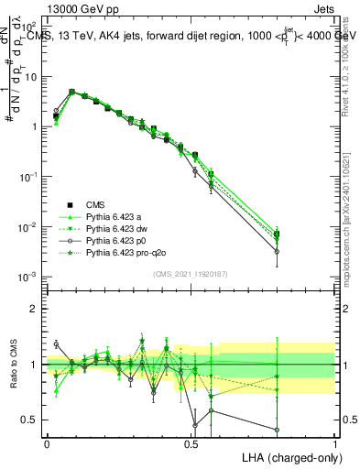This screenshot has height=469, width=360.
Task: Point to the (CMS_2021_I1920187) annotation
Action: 190,273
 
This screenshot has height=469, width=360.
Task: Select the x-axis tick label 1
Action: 334,442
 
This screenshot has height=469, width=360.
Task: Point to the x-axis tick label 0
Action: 47,442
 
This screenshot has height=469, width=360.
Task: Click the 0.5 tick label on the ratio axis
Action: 32,420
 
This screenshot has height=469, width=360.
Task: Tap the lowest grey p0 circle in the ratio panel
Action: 277,429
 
